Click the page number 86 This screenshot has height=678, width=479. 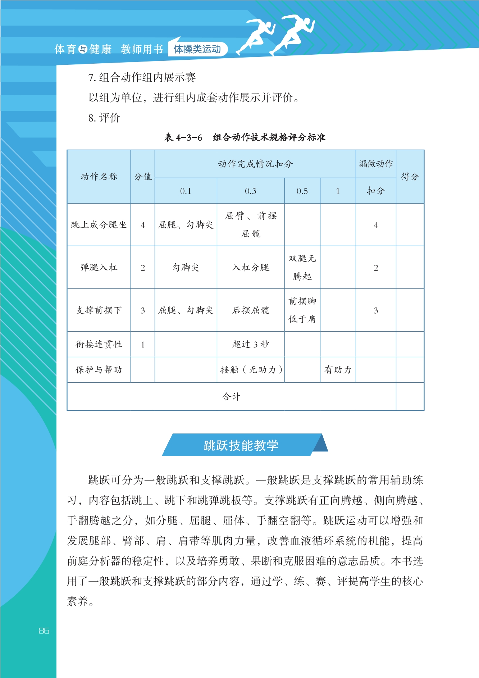44,631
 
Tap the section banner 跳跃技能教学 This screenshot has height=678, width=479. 241,445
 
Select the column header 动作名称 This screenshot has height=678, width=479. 99,177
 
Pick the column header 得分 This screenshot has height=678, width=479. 410,177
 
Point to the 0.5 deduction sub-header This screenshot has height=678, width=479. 302,191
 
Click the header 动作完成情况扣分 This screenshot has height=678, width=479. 255,164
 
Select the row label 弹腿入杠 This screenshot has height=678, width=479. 99,268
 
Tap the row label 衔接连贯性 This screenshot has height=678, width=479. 99,345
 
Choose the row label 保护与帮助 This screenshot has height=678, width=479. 99,370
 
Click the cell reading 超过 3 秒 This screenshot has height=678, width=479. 251,345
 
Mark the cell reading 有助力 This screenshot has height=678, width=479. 338,370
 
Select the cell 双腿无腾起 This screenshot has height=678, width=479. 302,268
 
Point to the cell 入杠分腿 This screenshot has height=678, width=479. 251,268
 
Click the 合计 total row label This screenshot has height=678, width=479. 231,396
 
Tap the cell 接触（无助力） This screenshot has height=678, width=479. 251,370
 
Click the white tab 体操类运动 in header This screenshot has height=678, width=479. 197,49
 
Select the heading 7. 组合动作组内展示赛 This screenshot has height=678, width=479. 142,77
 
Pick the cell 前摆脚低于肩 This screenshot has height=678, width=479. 302,310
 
